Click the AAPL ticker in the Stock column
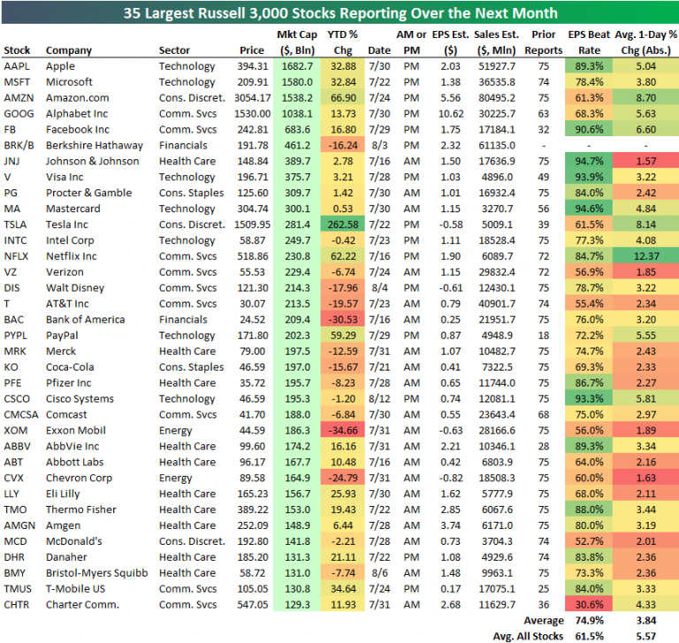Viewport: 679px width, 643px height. (x=17, y=66)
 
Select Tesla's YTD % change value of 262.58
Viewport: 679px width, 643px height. (x=341, y=225)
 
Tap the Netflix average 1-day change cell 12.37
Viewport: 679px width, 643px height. (x=648, y=256)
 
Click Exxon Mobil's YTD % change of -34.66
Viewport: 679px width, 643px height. (x=342, y=430)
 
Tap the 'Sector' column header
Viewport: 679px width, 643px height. (x=174, y=50)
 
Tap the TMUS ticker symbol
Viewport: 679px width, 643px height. (x=19, y=588)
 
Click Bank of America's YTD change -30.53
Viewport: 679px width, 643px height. (x=342, y=319)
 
